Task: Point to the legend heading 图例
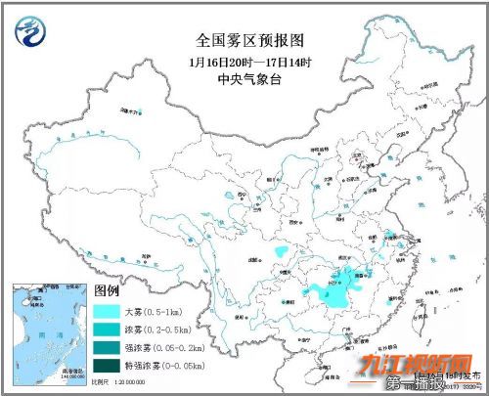coord(106,291)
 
